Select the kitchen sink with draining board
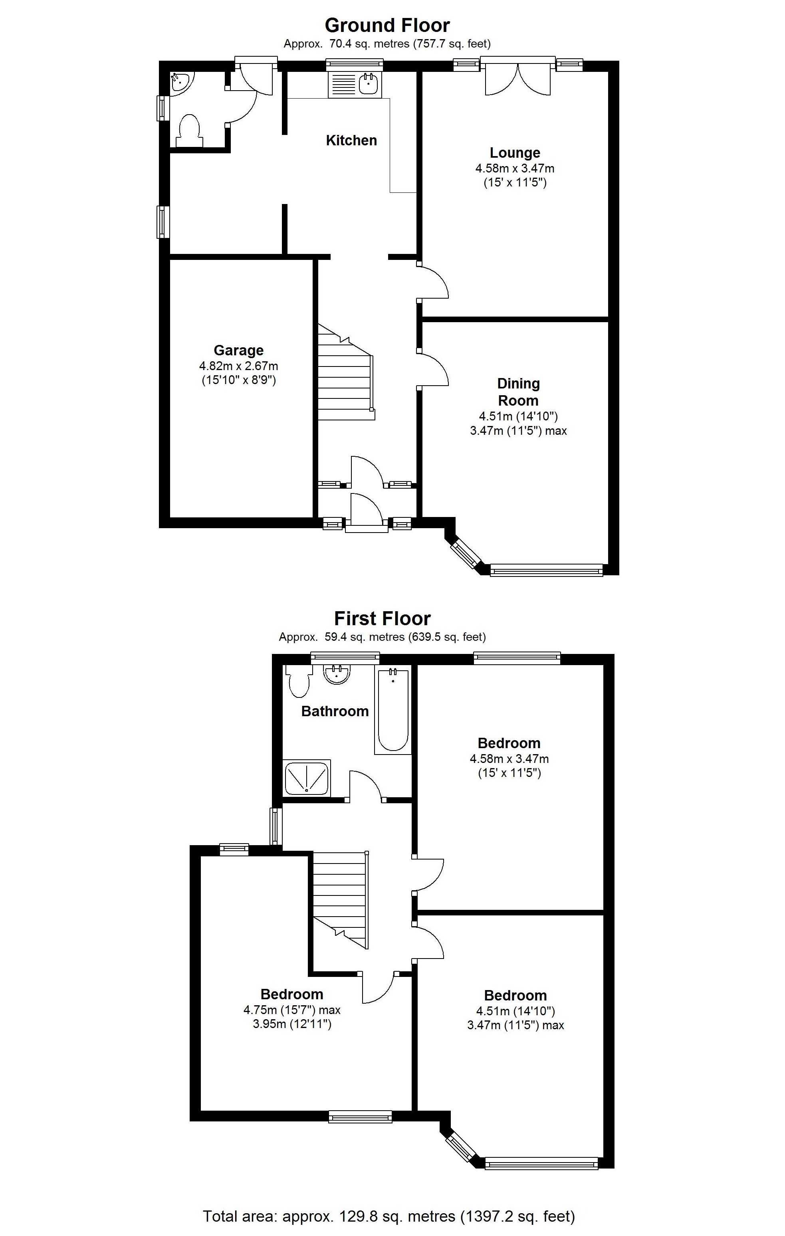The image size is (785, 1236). coord(355,84)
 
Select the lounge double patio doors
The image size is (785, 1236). coord(517,77)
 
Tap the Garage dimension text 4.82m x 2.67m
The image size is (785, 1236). coord(238,366)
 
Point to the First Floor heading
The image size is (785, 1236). coord(382,618)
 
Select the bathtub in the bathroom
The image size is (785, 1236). coord(393,710)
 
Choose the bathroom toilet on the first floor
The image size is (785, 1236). coord(298,681)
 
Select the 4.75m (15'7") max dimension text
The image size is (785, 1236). coord(291,1010)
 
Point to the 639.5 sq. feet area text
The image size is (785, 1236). coord(446,637)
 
